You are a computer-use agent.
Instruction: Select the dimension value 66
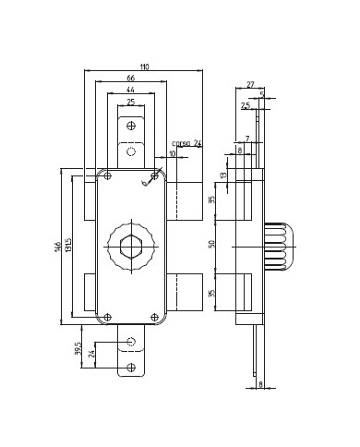click(131, 80)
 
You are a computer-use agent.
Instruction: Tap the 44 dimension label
click(130, 91)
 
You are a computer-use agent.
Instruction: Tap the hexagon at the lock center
click(131, 247)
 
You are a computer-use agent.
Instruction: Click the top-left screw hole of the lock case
click(108, 175)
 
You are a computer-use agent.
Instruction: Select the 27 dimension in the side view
click(249, 86)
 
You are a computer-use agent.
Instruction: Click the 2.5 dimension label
click(246, 106)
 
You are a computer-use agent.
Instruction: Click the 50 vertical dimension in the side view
click(211, 246)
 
